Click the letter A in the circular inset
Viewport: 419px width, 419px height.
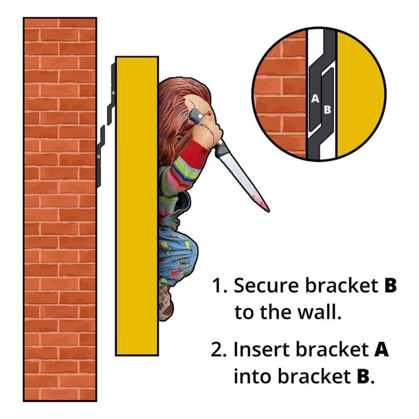coord(315,98)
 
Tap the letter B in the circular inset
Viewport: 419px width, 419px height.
coord(327,109)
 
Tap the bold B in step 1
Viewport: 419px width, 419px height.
coord(390,286)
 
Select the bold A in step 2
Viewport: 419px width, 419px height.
coord(381,349)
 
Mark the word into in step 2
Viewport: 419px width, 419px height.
coord(248,376)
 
